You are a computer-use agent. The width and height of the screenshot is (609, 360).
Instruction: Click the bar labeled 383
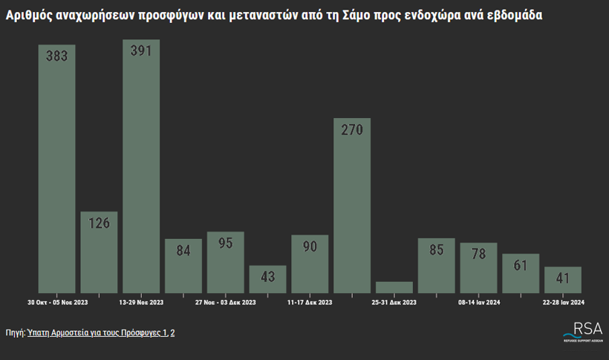pos(56,171)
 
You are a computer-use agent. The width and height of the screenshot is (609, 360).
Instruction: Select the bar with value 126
pos(99,252)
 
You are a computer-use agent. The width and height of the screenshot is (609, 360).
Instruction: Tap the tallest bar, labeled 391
pos(141,167)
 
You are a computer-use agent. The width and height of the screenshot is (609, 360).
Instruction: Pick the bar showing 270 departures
pos(352,208)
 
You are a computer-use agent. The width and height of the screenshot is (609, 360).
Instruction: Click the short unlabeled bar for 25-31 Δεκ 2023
pos(394,287)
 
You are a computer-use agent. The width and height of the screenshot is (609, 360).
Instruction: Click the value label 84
pos(183,251)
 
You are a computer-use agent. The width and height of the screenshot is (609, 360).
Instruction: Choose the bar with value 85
pos(437,267)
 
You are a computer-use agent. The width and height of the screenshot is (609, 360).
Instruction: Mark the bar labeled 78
pos(478,269)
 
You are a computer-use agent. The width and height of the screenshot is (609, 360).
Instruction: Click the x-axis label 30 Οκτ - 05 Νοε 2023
pos(57,302)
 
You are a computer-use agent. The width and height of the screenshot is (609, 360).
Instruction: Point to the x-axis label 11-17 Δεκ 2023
pos(310,302)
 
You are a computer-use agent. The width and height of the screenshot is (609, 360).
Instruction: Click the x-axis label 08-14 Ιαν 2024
pos(479,302)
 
